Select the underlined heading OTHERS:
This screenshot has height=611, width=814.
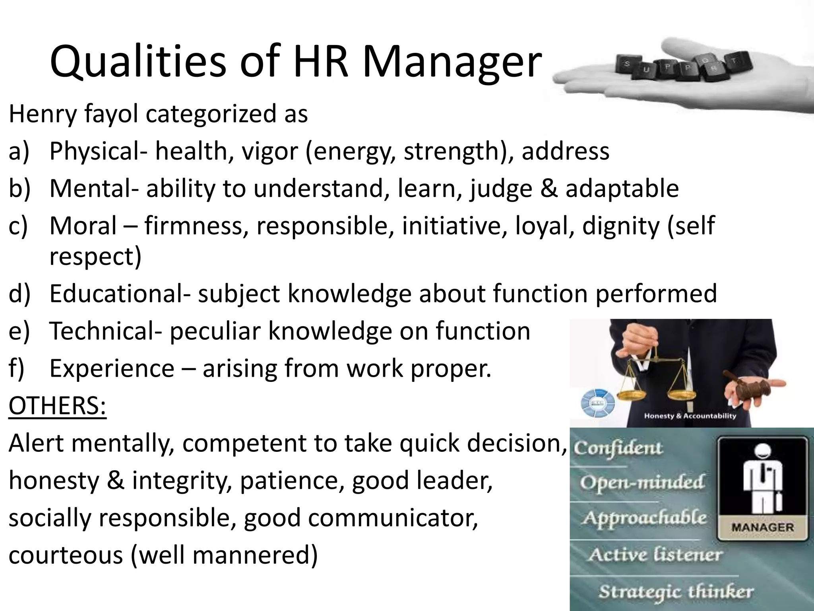pyautogui.click(x=58, y=405)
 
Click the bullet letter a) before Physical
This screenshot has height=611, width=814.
pyautogui.click(x=19, y=151)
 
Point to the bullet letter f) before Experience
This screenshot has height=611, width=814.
pyautogui.click(x=17, y=368)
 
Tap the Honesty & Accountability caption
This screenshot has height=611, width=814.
pyautogui.click(x=690, y=416)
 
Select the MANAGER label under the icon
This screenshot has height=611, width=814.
pyautogui.click(x=762, y=527)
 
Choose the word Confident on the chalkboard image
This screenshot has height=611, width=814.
pyautogui.click(x=618, y=449)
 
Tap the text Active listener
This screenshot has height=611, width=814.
pyautogui.click(x=655, y=555)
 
